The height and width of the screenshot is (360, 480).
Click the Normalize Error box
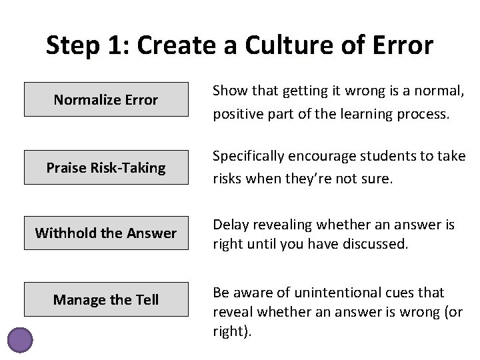coord(105,100)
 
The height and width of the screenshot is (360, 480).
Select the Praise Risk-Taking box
coord(105,167)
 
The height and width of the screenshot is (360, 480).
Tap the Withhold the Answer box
coord(105,233)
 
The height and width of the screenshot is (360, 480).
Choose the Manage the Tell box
coord(105,299)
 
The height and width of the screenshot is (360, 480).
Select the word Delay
coord(230,225)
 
